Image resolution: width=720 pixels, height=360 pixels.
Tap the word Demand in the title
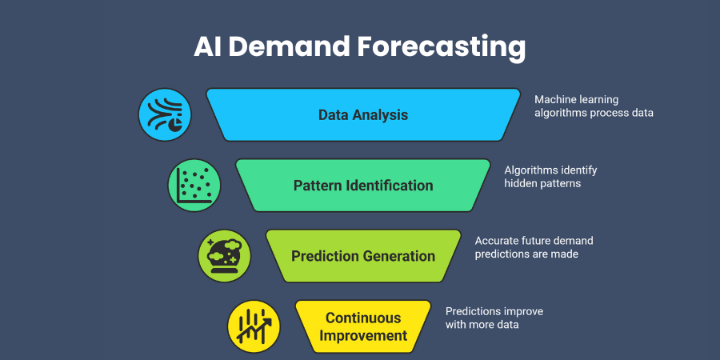coord(290,46)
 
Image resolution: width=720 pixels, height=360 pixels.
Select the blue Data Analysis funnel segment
coord(363,114)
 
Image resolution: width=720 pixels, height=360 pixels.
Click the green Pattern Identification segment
coord(363,185)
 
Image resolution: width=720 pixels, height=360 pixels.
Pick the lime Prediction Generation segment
coord(363,256)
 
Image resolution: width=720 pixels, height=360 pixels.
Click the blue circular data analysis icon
coord(165,114)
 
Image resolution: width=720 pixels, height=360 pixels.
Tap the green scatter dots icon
coord(194,185)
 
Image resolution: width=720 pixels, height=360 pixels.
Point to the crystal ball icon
coord(224,256)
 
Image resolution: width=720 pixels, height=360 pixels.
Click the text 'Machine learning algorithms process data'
coord(594,106)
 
